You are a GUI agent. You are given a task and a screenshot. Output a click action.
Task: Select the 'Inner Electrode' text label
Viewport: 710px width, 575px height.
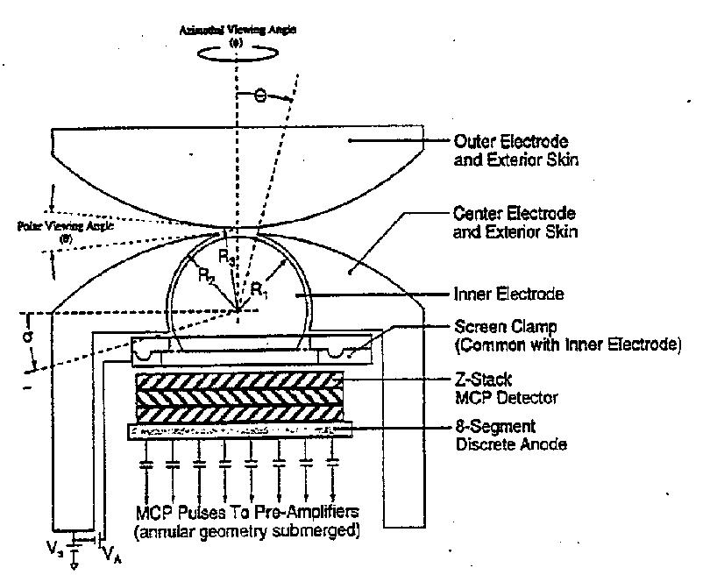click(x=511, y=295)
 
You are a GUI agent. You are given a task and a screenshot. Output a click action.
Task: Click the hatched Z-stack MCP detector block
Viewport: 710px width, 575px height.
click(x=238, y=395)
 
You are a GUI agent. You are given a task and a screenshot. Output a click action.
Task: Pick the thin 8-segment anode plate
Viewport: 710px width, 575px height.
click(x=239, y=430)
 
